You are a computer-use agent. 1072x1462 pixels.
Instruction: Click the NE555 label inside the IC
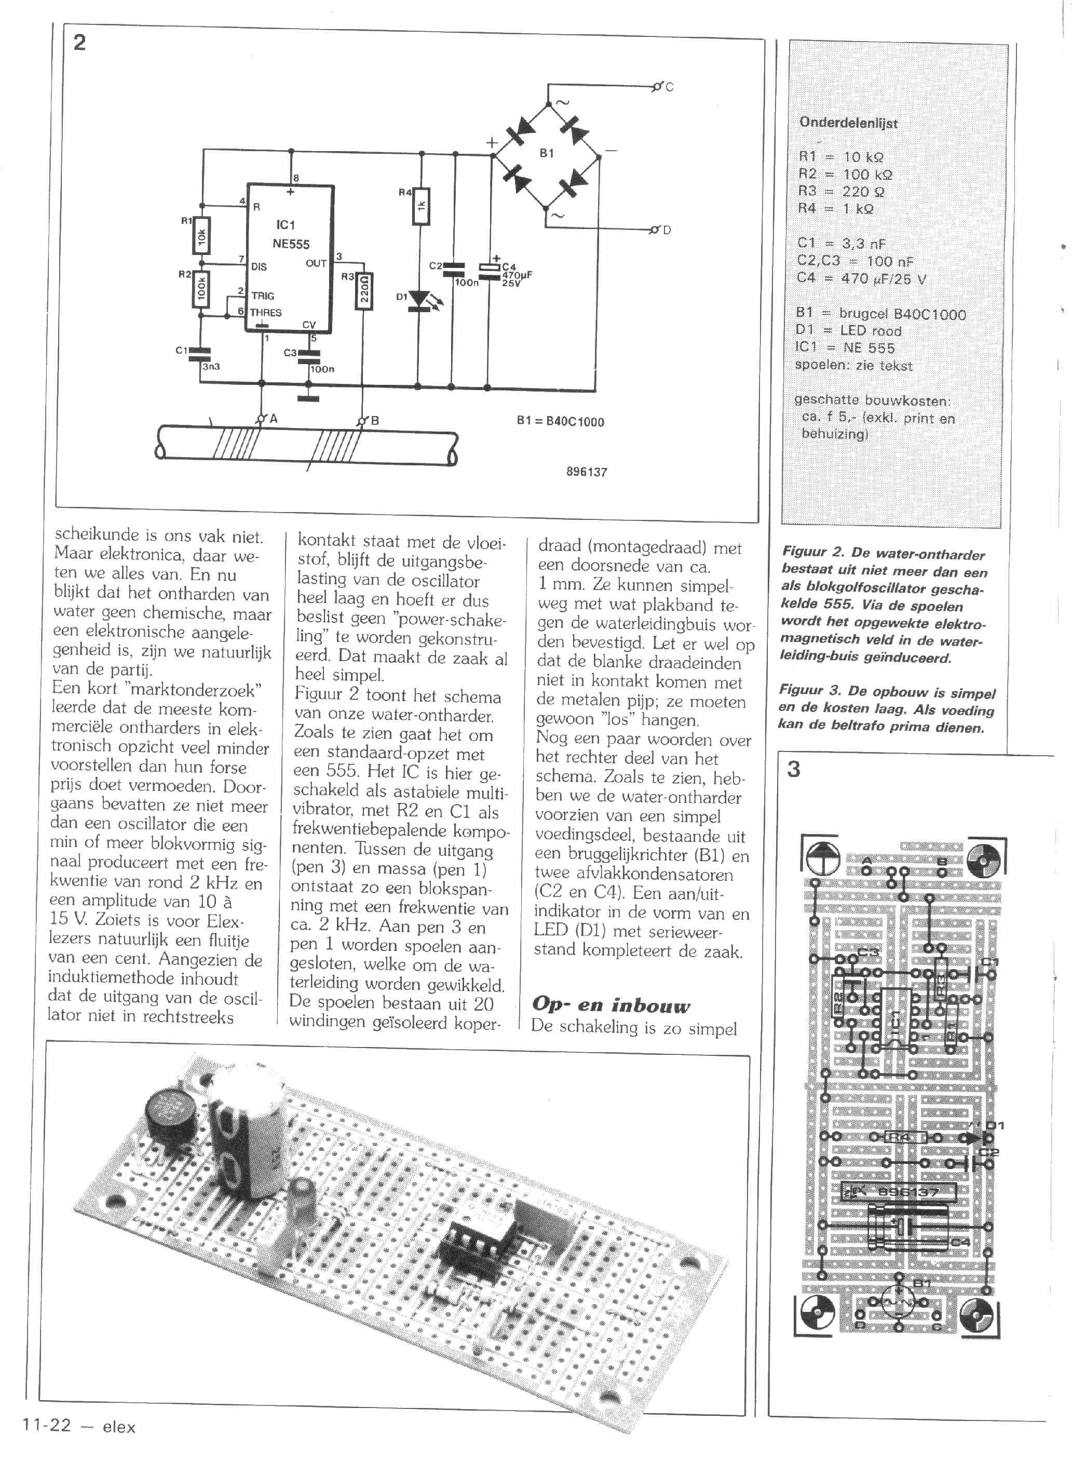(x=290, y=244)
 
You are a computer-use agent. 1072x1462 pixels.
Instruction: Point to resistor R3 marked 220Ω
(x=364, y=291)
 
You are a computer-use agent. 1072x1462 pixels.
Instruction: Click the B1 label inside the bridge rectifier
(x=546, y=153)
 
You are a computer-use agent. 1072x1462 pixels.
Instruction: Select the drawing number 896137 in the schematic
(x=586, y=472)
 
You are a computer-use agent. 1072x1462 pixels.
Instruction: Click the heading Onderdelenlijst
(x=848, y=122)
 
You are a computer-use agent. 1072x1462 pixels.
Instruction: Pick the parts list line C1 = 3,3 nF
(x=841, y=244)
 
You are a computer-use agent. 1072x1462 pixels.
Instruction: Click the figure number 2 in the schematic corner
(x=79, y=42)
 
